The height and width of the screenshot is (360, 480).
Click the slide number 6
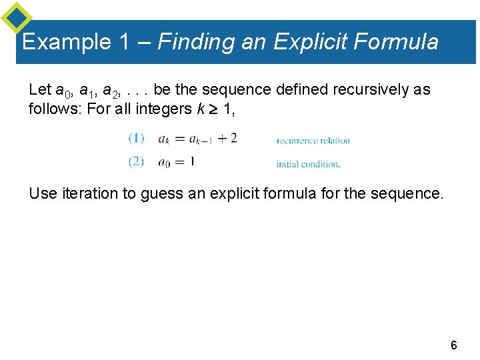coord(454,345)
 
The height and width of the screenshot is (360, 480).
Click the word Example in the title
coord(66,43)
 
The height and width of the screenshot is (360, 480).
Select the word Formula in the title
coord(396,43)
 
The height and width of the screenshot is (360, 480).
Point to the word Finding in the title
coord(195,43)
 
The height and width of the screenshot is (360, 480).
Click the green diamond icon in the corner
coord(16,17)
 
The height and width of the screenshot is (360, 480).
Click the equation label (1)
coord(136,139)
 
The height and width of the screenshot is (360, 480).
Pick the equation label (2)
coord(136,161)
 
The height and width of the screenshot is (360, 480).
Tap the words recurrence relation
coord(313,141)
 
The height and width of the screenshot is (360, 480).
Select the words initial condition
coord(308,164)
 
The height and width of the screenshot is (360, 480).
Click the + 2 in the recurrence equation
coord(227,139)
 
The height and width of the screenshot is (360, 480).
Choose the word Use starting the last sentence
coord(43,194)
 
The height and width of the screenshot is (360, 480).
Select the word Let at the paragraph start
coord(39,89)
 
